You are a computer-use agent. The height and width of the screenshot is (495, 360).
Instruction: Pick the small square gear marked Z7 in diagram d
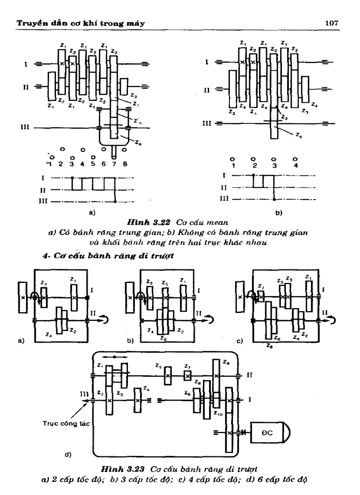click(x=187, y=376)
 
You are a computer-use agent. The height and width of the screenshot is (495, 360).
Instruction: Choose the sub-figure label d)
click(x=68, y=454)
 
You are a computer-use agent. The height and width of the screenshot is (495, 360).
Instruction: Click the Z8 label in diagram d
click(x=198, y=383)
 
